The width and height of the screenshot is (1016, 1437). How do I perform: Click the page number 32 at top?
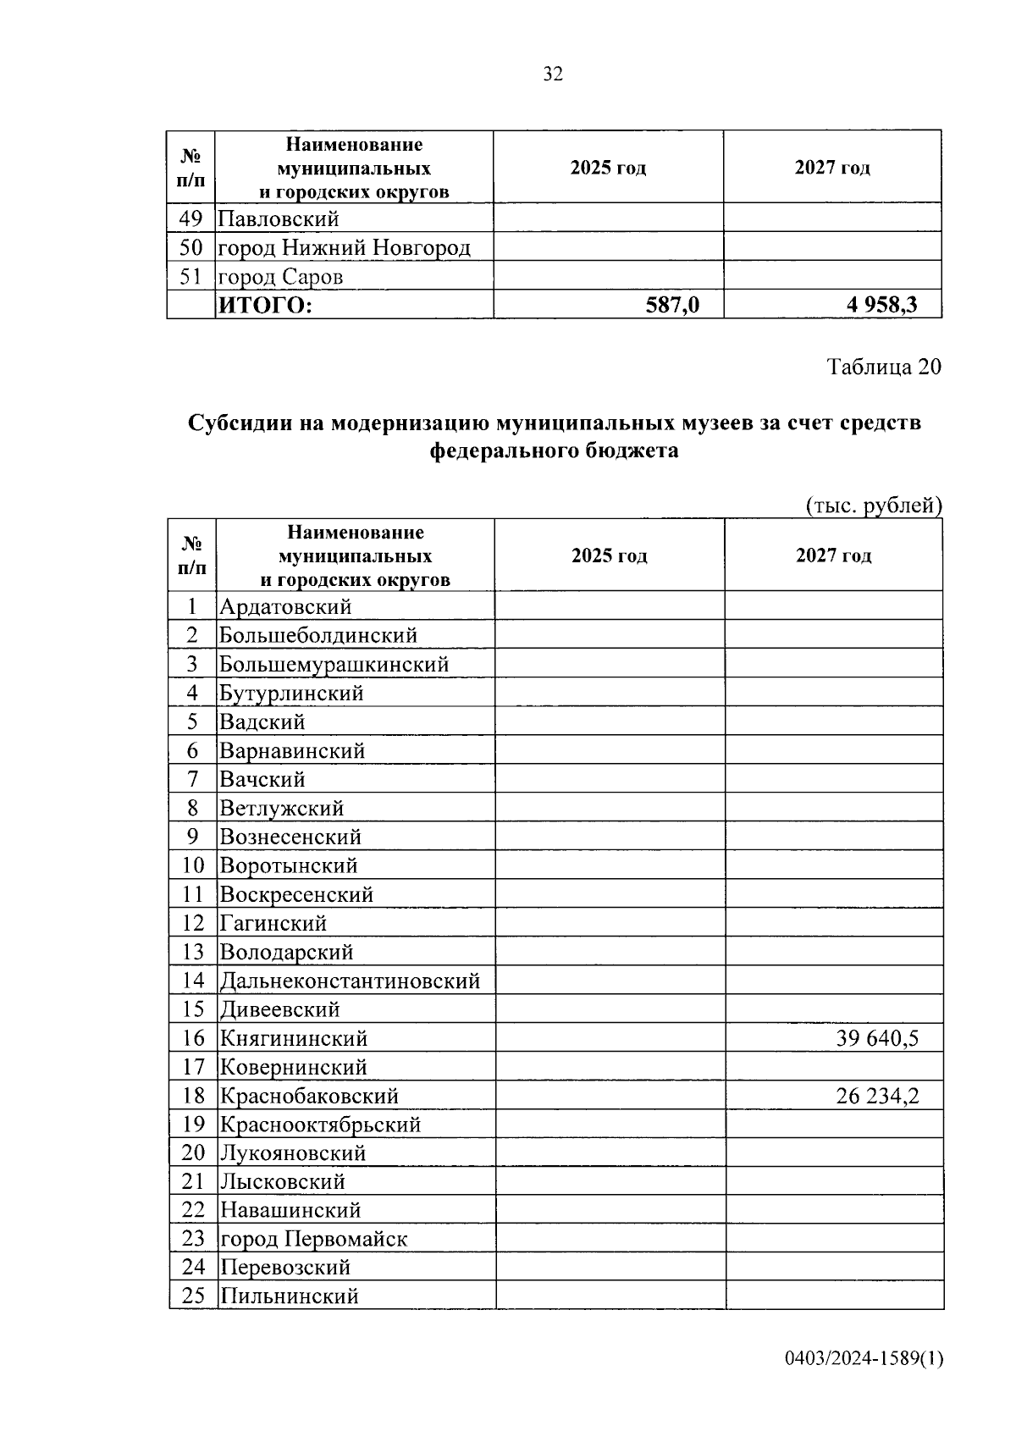tap(552, 75)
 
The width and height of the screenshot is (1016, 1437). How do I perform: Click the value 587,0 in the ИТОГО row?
tap(672, 305)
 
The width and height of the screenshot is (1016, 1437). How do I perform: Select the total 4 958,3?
tap(881, 305)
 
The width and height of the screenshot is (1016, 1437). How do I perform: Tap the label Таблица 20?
tap(883, 367)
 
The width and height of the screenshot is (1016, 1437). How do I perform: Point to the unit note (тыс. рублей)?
tap(873, 506)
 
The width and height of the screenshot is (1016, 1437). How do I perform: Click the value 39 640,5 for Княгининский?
tap(877, 1038)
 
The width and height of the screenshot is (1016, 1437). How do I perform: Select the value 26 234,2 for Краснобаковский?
tap(877, 1096)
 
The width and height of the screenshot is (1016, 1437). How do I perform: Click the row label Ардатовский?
tap(285, 606)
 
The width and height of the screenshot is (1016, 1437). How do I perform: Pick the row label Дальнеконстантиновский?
tap(350, 981)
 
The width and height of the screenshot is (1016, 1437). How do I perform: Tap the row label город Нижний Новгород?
tap(344, 248)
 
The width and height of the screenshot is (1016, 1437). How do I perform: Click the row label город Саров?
tap(280, 277)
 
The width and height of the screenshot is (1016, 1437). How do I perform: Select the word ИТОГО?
tap(265, 305)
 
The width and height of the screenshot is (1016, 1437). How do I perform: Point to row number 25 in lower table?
tap(193, 1296)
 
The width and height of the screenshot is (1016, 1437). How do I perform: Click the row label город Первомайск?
tap(313, 1239)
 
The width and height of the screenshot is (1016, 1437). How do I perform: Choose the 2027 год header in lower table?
tap(833, 555)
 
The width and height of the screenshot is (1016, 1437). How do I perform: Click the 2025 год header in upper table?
tap(608, 168)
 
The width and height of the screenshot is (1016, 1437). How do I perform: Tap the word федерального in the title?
tap(505, 451)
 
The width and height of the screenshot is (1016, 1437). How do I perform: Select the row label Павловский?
tap(279, 219)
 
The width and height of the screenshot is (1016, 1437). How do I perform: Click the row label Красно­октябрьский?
tap(320, 1125)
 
